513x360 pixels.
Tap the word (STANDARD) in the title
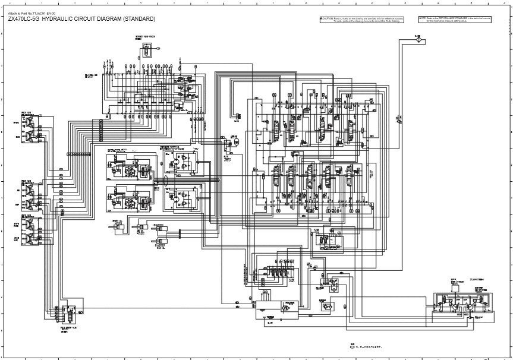[140, 19]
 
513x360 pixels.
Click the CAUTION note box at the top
[362, 20]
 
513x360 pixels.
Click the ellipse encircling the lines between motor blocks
[79, 154]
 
